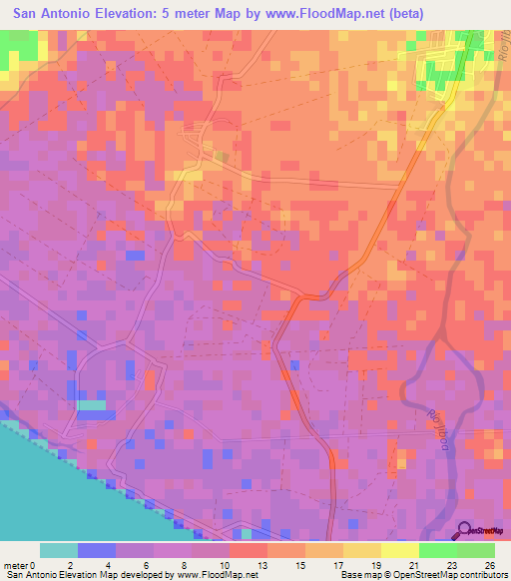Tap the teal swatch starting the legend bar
(x=59, y=550)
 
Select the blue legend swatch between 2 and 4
(x=97, y=550)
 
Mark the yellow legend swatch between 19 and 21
(x=399, y=550)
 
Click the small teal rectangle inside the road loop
(x=91, y=405)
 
